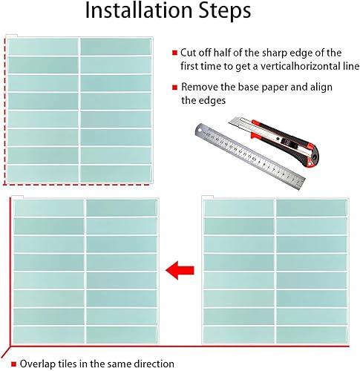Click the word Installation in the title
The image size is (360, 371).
pos(140,10)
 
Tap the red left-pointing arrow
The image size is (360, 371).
pos(180,270)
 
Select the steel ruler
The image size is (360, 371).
pos(250,157)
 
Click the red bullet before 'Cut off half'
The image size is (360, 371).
pos(175,53)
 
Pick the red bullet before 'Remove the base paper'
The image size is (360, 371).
pos(175,87)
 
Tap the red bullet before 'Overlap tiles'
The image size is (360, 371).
pos(14,364)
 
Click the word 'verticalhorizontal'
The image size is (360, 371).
pos(294,66)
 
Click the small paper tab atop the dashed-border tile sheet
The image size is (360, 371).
pos(11,36)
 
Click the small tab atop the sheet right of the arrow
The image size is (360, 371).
pos(207,197)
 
